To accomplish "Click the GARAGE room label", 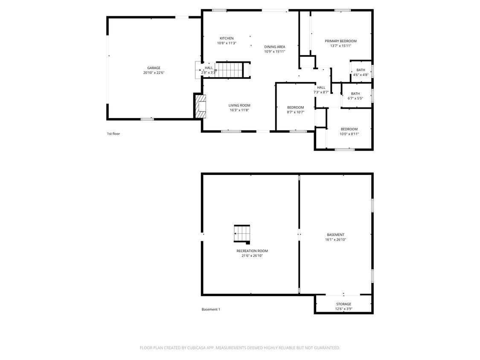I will coord(154,68).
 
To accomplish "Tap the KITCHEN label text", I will coord(227,38).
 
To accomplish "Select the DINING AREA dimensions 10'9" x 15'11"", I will coord(274,52).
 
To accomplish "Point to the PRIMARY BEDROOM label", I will coord(340,41).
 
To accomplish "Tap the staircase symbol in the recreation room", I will coord(242,234).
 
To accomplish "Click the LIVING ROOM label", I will coord(239,105).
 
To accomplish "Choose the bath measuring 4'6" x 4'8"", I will coord(361,73).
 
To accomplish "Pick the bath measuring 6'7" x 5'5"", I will coord(355,96).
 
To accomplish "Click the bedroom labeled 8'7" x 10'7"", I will coord(295,110).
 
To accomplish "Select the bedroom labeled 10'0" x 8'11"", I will coord(349,131).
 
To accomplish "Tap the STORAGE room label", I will coord(343,304).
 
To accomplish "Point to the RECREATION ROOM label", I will coord(252,251).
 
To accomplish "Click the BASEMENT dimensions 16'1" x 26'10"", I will coord(335,240).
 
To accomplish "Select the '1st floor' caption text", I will coord(113,134).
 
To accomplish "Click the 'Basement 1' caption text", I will coord(211,309).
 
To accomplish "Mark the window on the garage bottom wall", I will coord(147,119).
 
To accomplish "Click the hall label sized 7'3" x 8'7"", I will coord(321,90).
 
